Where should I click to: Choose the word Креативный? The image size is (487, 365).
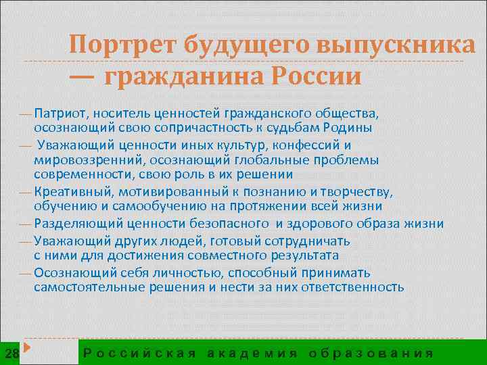68,191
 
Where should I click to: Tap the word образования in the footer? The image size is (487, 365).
371,352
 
